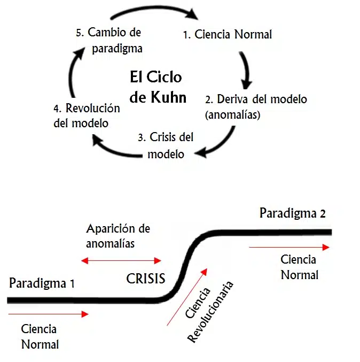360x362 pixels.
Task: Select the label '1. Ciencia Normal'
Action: [x=228, y=35]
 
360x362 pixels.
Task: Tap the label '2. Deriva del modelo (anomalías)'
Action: [x=256, y=107]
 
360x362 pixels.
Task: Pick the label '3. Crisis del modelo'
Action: [x=166, y=145]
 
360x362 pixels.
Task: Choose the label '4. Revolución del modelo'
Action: [x=86, y=115]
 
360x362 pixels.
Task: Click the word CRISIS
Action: [x=146, y=279]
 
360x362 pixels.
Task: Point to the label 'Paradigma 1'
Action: [x=42, y=283]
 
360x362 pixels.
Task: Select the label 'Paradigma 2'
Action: [x=292, y=213]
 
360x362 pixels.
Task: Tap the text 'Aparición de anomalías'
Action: [x=118, y=236]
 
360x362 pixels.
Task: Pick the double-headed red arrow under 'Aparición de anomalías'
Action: [x=121, y=261]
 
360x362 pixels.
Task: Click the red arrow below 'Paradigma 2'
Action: [x=289, y=248]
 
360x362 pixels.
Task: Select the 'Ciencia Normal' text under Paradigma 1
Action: [x=40, y=336]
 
